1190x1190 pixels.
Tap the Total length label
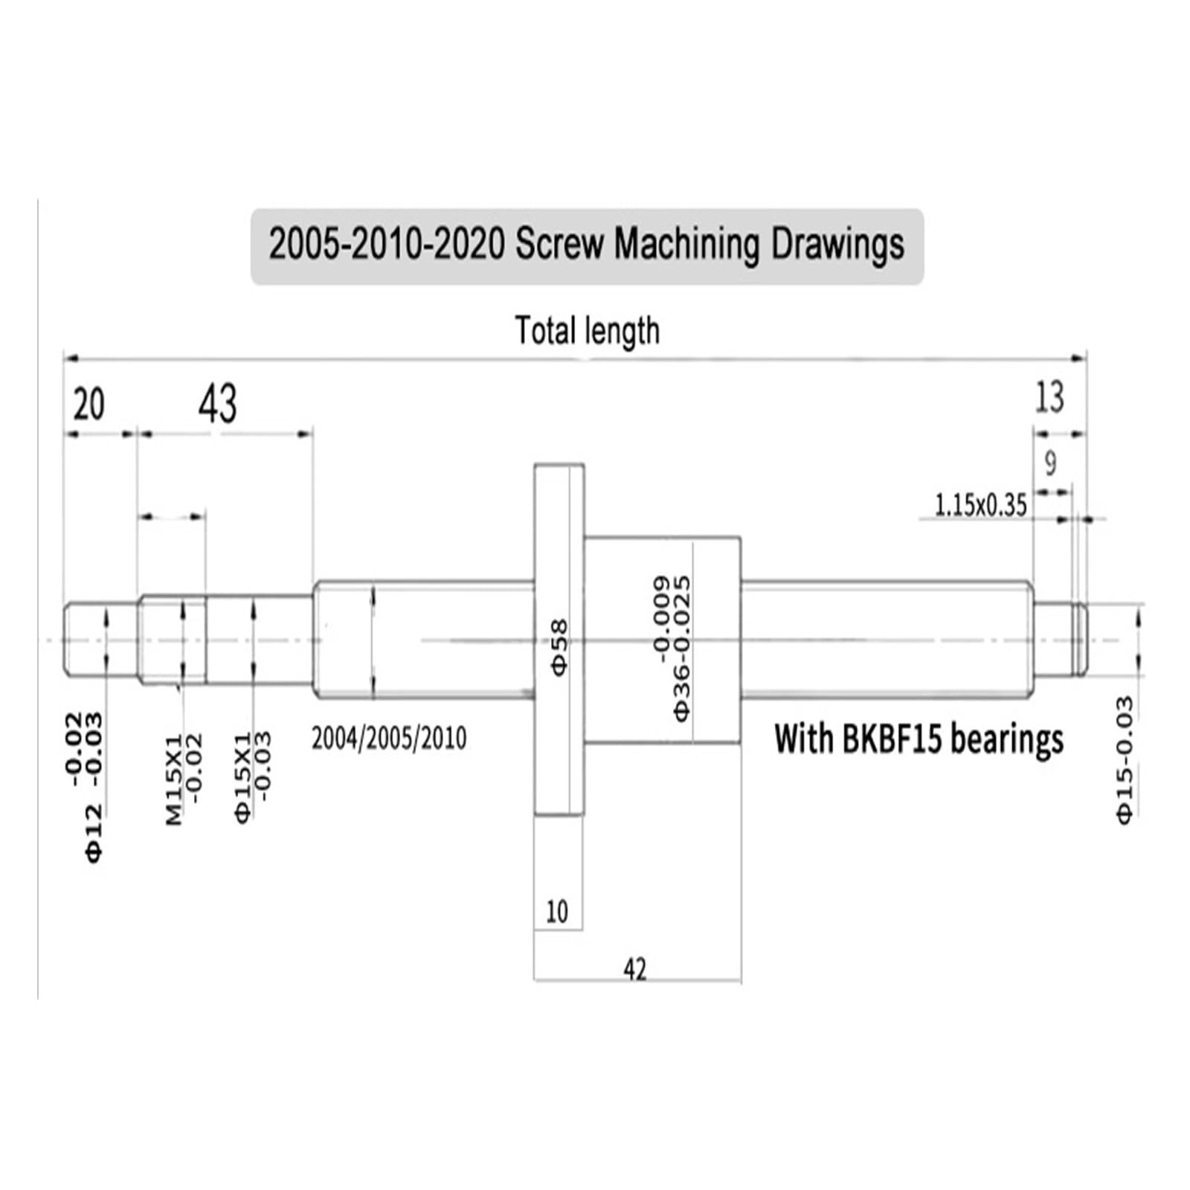[x=587, y=330]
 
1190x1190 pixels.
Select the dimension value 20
[x=89, y=405]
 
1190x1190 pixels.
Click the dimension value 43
[x=218, y=405]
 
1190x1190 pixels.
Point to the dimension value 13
[x=1049, y=397]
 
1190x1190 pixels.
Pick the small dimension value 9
[x=1050, y=463]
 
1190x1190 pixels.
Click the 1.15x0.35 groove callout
[x=980, y=506]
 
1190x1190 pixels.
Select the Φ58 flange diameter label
[x=559, y=646]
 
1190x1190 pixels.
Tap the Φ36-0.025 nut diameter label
[x=681, y=669]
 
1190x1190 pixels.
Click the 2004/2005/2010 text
[x=389, y=739]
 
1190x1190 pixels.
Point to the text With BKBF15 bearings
[x=919, y=739]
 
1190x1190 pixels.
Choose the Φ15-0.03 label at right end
[x=1125, y=759]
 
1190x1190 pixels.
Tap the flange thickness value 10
[x=557, y=911]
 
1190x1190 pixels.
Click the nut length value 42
[x=634, y=969]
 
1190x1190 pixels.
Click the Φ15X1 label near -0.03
[x=243, y=777]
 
